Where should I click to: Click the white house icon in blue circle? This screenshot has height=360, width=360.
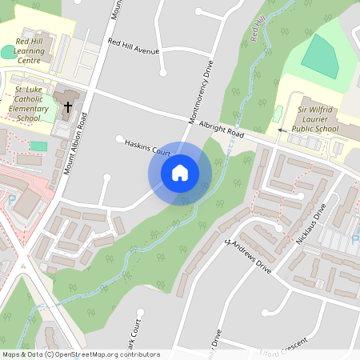click(x=180, y=172)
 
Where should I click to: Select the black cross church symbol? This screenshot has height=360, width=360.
click(x=68, y=106)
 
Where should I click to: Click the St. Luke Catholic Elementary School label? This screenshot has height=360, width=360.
click(x=22, y=105)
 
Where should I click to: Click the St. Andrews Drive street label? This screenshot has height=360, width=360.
click(x=250, y=254)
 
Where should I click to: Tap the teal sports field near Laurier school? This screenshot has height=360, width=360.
click(x=320, y=56)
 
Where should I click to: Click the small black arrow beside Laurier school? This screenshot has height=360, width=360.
click(x=281, y=129)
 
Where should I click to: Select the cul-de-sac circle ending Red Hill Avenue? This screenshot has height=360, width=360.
click(x=163, y=72)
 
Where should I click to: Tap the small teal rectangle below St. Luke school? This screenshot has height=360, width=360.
click(x=38, y=146)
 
